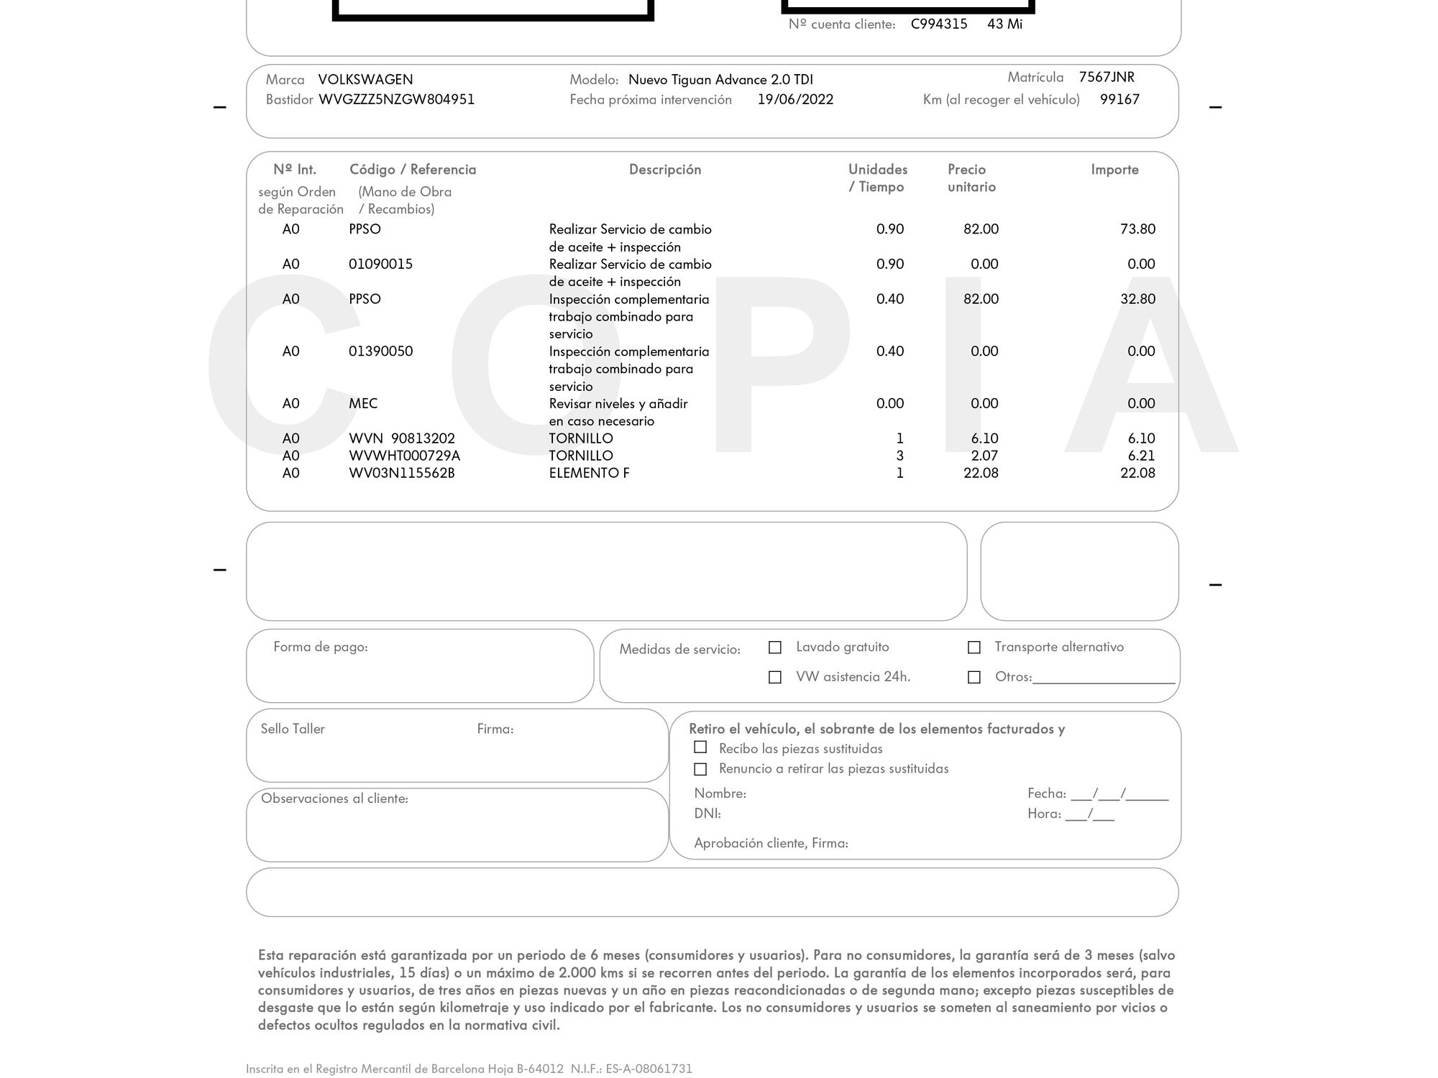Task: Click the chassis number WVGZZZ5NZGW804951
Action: click(x=396, y=99)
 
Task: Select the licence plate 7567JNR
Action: click(x=1107, y=77)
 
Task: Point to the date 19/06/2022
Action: click(x=795, y=99)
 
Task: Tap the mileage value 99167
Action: click(x=1119, y=99)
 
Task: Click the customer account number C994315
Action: click(x=939, y=24)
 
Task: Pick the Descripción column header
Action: click(x=664, y=170)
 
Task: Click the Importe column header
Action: click(x=1114, y=170)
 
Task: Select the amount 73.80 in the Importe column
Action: click(x=1137, y=229)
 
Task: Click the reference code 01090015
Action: click(x=380, y=264)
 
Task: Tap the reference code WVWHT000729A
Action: click(x=404, y=456)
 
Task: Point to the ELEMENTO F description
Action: click(x=589, y=473)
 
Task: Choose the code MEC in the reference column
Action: click(x=363, y=403)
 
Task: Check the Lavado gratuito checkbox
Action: click(x=775, y=648)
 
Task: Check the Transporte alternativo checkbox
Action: click(x=974, y=648)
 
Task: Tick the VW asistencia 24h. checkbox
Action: click(x=775, y=677)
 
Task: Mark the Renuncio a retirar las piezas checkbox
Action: click(x=700, y=769)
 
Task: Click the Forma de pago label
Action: click(x=320, y=647)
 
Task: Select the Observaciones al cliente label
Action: click(x=334, y=798)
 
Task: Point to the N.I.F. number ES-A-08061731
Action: click(x=649, y=1069)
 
